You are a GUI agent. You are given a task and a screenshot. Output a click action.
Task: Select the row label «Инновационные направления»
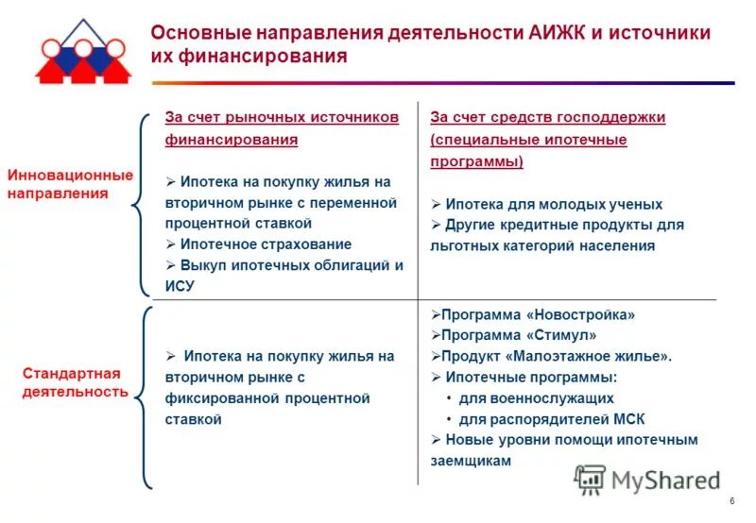(x=70, y=184)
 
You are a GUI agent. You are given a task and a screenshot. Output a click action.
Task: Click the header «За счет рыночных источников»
(x=282, y=117)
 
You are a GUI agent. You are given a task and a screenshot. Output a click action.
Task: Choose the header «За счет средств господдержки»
(x=548, y=117)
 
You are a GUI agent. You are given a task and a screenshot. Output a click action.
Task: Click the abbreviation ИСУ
(x=180, y=286)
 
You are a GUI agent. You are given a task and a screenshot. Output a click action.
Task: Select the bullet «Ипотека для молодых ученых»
(x=553, y=204)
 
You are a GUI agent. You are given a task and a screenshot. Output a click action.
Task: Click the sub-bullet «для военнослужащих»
(x=536, y=397)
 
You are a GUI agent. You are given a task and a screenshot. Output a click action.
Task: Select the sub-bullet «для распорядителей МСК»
(x=552, y=418)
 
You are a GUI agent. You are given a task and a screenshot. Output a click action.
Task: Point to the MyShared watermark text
(x=665, y=481)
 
